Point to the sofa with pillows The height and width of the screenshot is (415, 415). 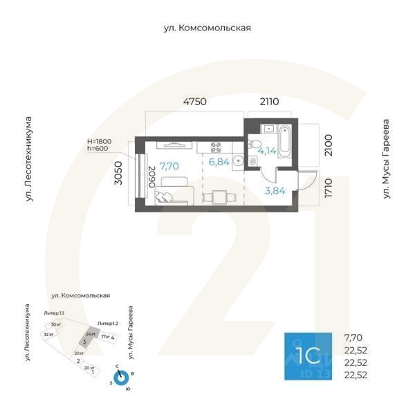[175, 190]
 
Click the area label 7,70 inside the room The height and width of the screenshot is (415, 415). [169, 166]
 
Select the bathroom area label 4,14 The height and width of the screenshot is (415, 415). [267, 149]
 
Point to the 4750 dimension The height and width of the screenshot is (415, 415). [195, 102]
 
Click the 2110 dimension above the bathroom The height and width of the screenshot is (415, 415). [269, 102]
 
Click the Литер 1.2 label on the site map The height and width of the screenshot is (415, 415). [108, 323]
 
